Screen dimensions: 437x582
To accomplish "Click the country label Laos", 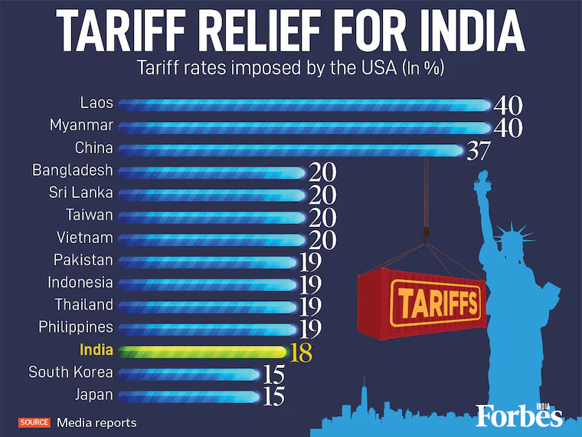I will click(96, 102).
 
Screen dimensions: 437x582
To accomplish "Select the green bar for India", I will click(203, 352).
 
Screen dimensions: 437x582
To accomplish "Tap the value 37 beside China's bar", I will click(478, 150).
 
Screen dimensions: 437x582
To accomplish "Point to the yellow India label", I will click(96, 350).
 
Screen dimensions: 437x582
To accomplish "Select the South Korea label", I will click(70, 373).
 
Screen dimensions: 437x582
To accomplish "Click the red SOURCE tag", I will click(34, 422).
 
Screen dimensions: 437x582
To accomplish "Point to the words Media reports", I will click(96, 422).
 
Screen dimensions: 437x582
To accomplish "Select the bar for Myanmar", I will click(302, 127).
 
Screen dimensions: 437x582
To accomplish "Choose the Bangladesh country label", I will click(72, 170).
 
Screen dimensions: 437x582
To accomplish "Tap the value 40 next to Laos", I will click(508, 105).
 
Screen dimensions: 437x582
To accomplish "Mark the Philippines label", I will click(76, 327).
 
